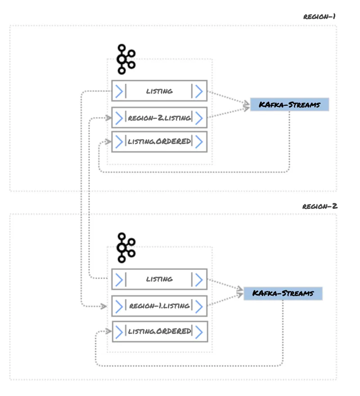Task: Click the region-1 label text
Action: pos(319,17)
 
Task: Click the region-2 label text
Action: pos(319,206)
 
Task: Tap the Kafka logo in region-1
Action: pos(125,59)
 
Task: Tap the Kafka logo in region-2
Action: pos(125,247)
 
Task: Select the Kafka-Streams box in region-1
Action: pos(290,105)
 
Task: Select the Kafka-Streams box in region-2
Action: pos(283,293)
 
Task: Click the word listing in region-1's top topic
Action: pos(159,91)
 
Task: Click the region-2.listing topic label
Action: pos(159,118)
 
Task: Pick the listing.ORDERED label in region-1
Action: pos(159,142)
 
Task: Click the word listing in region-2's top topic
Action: pos(159,279)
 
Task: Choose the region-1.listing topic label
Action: pos(159,306)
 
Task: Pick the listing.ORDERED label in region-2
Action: pos(159,331)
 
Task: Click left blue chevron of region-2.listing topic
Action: pos(119,118)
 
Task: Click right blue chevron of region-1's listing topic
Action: pos(198,91)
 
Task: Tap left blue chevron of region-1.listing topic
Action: pos(119,306)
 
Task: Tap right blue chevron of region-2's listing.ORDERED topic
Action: pos(198,331)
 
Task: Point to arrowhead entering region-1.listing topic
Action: pos(104,306)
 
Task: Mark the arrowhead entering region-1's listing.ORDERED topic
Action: pos(107,142)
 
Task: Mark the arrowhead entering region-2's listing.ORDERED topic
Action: pos(107,331)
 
